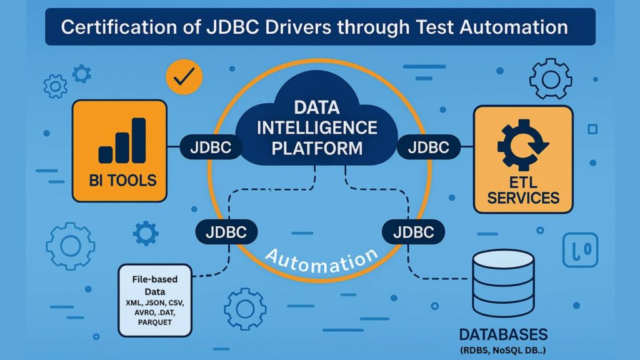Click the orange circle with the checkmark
coord(184,77)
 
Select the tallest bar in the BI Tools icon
coord(139,140)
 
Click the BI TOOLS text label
coord(119,181)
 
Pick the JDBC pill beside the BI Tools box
coord(206,148)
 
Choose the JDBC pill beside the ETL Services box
coord(427,148)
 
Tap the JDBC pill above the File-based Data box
coord(226,232)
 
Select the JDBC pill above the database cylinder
coord(413,232)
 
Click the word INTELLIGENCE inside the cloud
coord(317,127)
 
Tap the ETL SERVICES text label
coord(522,190)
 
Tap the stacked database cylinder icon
coord(503,281)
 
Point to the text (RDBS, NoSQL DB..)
coord(503,349)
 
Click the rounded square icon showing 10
coord(581,251)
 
